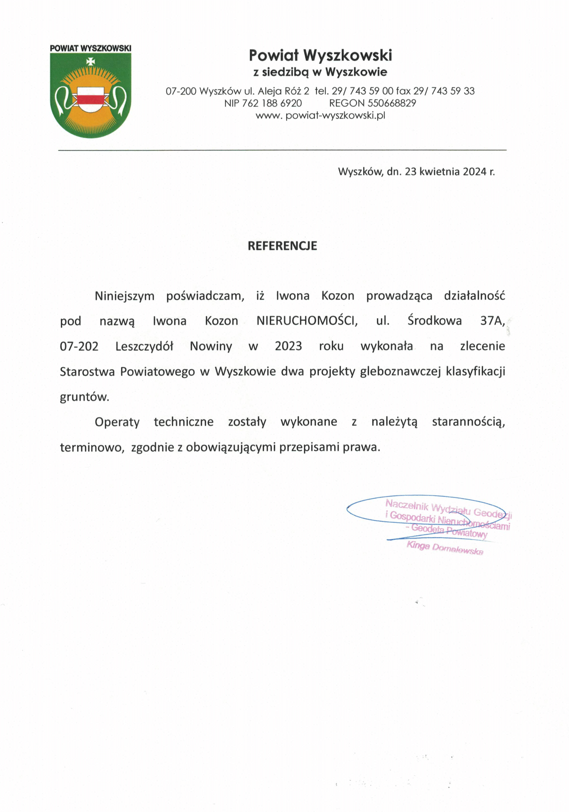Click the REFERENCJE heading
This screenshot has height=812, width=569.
click(282, 246)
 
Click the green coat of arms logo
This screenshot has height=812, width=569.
click(91, 95)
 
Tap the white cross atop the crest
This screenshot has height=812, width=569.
click(91, 61)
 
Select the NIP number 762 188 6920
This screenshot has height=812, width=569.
click(272, 103)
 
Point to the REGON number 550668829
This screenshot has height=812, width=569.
click(391, 103)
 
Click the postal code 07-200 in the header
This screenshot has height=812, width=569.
click(181, 91)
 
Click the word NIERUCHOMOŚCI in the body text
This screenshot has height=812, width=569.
click(307, 321)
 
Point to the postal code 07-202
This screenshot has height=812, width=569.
click(79, 346)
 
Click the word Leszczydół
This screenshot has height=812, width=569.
click(144, 346)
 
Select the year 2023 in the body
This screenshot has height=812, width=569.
click(288, 346)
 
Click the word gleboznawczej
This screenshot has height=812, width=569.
click(400, 371)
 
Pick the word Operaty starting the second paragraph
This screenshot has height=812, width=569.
click(117, 422)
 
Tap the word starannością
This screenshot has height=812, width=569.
click(468, 422)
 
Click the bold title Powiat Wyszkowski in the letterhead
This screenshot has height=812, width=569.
click(320, 55)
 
